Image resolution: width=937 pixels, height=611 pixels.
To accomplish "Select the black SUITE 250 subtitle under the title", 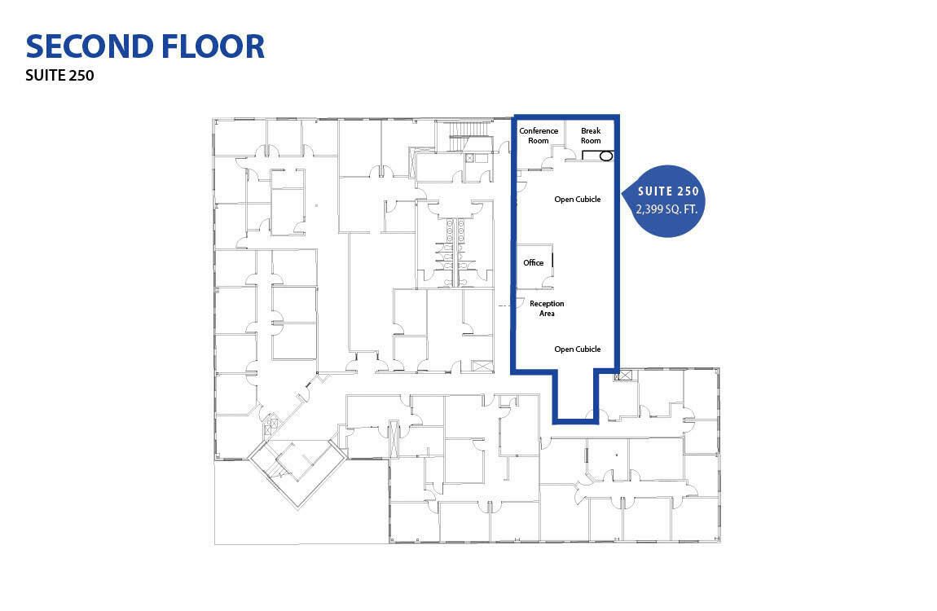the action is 59,75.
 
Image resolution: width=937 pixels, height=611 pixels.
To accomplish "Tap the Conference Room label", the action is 539,135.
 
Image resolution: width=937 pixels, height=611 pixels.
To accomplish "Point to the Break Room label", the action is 591,135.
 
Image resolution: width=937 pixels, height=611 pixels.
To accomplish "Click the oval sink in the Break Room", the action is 605,156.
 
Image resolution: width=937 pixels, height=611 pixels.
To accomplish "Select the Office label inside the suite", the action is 534,263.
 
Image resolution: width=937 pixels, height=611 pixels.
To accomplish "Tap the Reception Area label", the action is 547,308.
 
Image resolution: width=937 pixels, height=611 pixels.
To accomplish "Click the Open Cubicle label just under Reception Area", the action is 577,349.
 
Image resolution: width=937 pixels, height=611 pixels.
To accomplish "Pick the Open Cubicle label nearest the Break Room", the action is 577,200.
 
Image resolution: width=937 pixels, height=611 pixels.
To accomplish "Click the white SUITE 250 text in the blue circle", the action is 668,191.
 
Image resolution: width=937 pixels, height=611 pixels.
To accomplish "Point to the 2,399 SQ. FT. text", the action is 666,209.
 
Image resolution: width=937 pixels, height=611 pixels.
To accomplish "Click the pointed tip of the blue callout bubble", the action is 622,193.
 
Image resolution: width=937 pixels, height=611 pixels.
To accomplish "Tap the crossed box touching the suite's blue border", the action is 623,376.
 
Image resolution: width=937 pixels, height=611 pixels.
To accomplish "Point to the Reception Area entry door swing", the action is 521,303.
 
